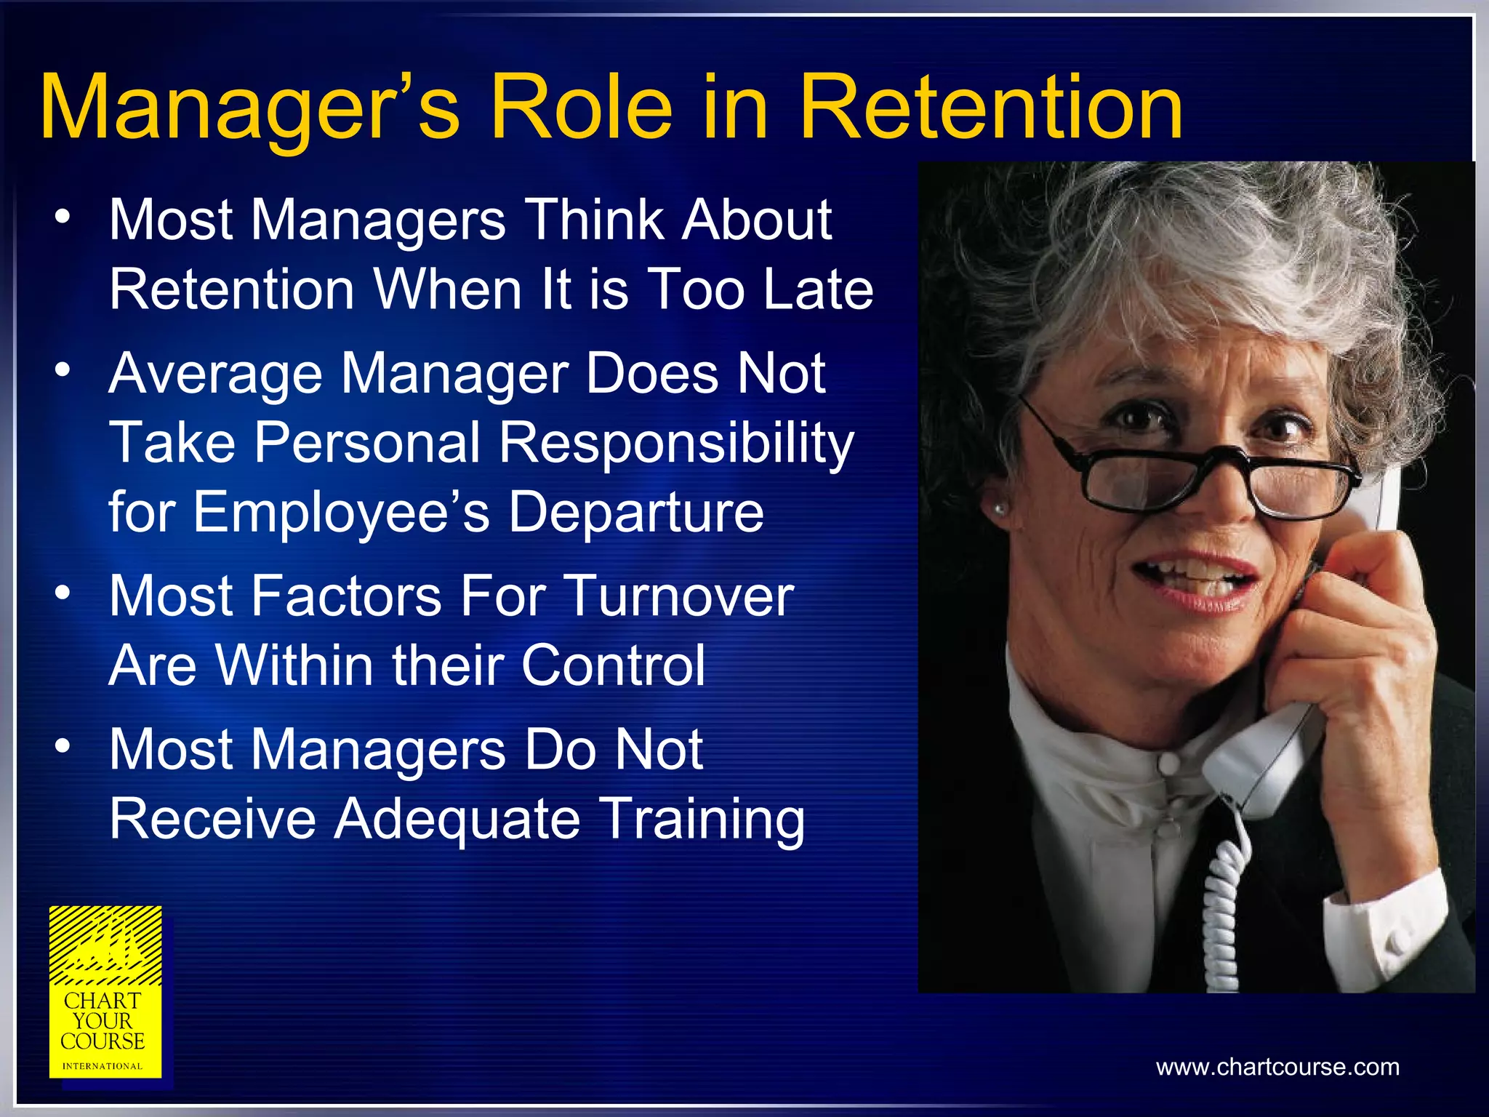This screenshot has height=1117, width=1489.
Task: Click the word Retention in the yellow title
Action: pyautogui.click(x=992, y=109)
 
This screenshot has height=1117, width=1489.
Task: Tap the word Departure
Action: pyautogui.click(x=635, y=512)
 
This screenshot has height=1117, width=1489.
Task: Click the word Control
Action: pyautogui.click(x=613, y=665)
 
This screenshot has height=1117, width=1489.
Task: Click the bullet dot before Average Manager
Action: pyautogui.click(x=63, y=370)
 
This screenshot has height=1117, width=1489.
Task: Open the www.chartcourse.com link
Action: pyautogui.click(x=1277, y=1067)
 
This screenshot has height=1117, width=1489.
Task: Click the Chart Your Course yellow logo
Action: pyautogui.click(x=105, y=993)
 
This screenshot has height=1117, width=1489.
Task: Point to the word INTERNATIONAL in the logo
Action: pyautogui.click(x=103, y=1066)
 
